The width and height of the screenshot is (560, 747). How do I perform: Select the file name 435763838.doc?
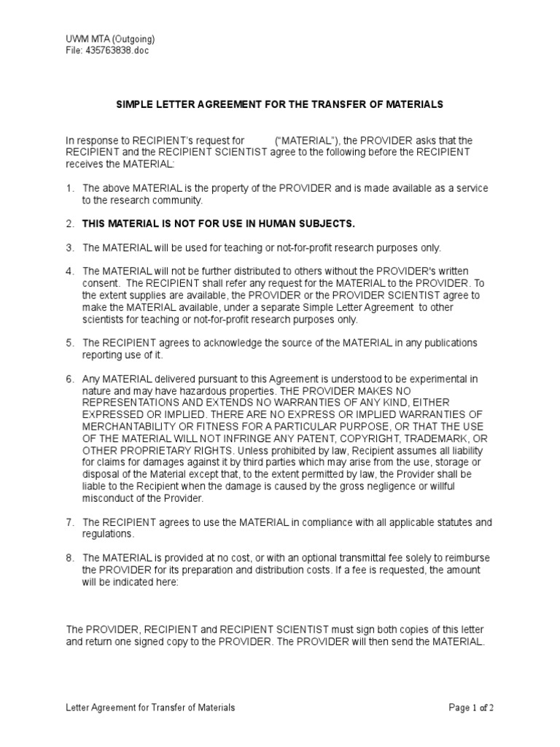117,51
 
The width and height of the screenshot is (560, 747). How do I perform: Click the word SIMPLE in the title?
136,105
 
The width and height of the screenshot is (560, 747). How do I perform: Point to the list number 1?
70,188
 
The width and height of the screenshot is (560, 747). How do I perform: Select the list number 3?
70,248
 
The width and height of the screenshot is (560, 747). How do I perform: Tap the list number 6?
70,379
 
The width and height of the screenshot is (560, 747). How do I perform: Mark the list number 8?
70,558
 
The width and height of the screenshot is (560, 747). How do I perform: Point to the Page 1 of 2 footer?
472,708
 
